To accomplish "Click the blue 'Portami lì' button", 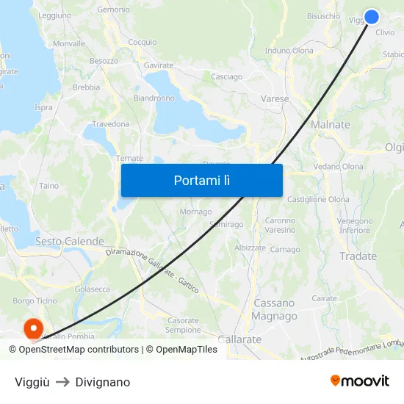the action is point(201,180).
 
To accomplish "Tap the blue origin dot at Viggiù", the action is point(372,16).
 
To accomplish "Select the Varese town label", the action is point(275,98).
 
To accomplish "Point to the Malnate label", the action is point(331,125).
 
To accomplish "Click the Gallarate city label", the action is point(239,339).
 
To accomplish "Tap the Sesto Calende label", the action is point(70,241).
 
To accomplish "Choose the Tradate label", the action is point(358,256).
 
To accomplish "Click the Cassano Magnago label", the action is point(274,309).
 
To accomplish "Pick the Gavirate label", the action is point(159,65).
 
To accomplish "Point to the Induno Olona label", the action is point(289,51).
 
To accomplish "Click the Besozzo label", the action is point(104,61).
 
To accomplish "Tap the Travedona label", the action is point(110,124).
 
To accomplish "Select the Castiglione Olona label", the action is point(318,199).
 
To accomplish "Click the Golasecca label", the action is point(93,289).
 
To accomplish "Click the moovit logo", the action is point(359,380).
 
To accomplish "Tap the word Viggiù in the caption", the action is point(32,382).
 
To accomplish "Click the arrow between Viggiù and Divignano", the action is point(62,382).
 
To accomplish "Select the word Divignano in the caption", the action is point(103,382).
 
